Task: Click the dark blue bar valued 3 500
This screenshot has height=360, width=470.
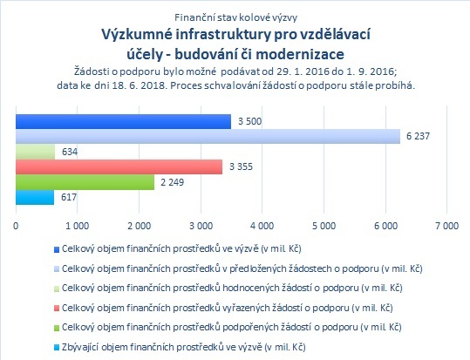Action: (123, 121)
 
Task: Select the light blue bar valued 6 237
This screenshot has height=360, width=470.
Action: (208, 136)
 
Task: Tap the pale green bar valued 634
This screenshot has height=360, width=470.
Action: (36, 152)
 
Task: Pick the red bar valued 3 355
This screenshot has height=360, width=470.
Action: (119, 166)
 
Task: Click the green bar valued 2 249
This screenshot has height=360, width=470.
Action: (85, 182)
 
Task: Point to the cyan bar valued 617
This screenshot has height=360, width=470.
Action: (35, 197)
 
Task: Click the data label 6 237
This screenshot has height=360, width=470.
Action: (418, 136)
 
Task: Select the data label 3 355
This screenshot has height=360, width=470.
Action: (241, 166)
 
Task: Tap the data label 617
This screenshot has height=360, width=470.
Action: (69, 197)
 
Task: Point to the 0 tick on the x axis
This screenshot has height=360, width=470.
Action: (16, 226)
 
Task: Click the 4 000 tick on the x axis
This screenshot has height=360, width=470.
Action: (262, 226)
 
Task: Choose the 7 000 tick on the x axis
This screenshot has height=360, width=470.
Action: (447, 226)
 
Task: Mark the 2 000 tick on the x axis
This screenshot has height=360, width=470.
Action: (139, 226)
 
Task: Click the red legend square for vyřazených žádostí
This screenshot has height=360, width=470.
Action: (57, 309)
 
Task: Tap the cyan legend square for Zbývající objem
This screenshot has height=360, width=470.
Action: (57, 348)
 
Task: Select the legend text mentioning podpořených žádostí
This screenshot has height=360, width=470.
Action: (232, 327)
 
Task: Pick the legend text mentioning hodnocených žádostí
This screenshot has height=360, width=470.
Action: (232, 288)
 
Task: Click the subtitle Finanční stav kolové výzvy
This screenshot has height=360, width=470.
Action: (236, 17)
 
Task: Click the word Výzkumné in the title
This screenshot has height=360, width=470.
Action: (136, 35)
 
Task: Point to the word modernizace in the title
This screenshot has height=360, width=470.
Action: (300, 54)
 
